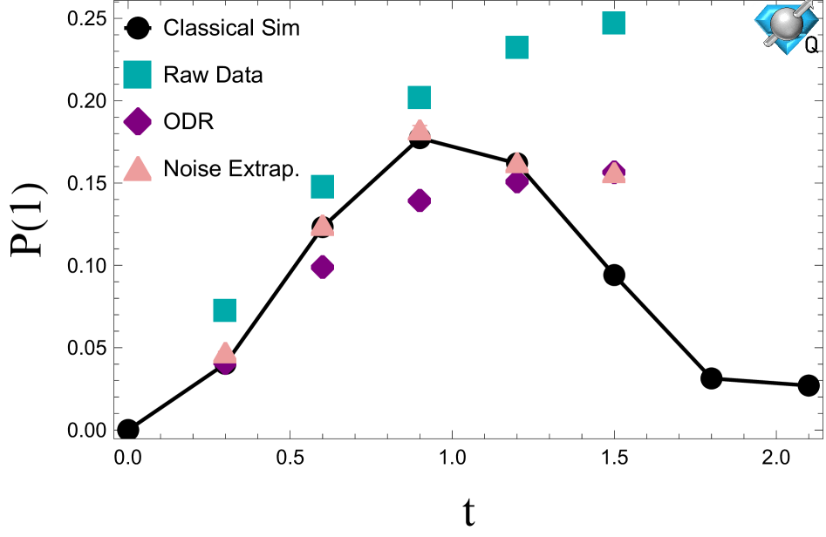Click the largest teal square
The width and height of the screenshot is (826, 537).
(137, 75)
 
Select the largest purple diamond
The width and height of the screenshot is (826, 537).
(137, 122)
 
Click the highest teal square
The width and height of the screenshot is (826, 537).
(613, 24)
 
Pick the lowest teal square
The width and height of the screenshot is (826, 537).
(224, 310)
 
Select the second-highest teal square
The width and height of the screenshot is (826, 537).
(516, 48)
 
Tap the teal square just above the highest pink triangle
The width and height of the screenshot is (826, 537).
(419, 98)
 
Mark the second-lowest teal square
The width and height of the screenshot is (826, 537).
(322, 187)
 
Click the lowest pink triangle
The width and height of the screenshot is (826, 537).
(224, 353)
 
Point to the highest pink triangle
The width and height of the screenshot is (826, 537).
(419, 131)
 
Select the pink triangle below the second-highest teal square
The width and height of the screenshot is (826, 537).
(516, 163)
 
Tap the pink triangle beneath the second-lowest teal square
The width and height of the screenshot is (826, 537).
(322, 226)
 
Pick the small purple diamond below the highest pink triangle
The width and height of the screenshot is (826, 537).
(419, 201)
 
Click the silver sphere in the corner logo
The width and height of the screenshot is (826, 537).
(785, 24)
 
